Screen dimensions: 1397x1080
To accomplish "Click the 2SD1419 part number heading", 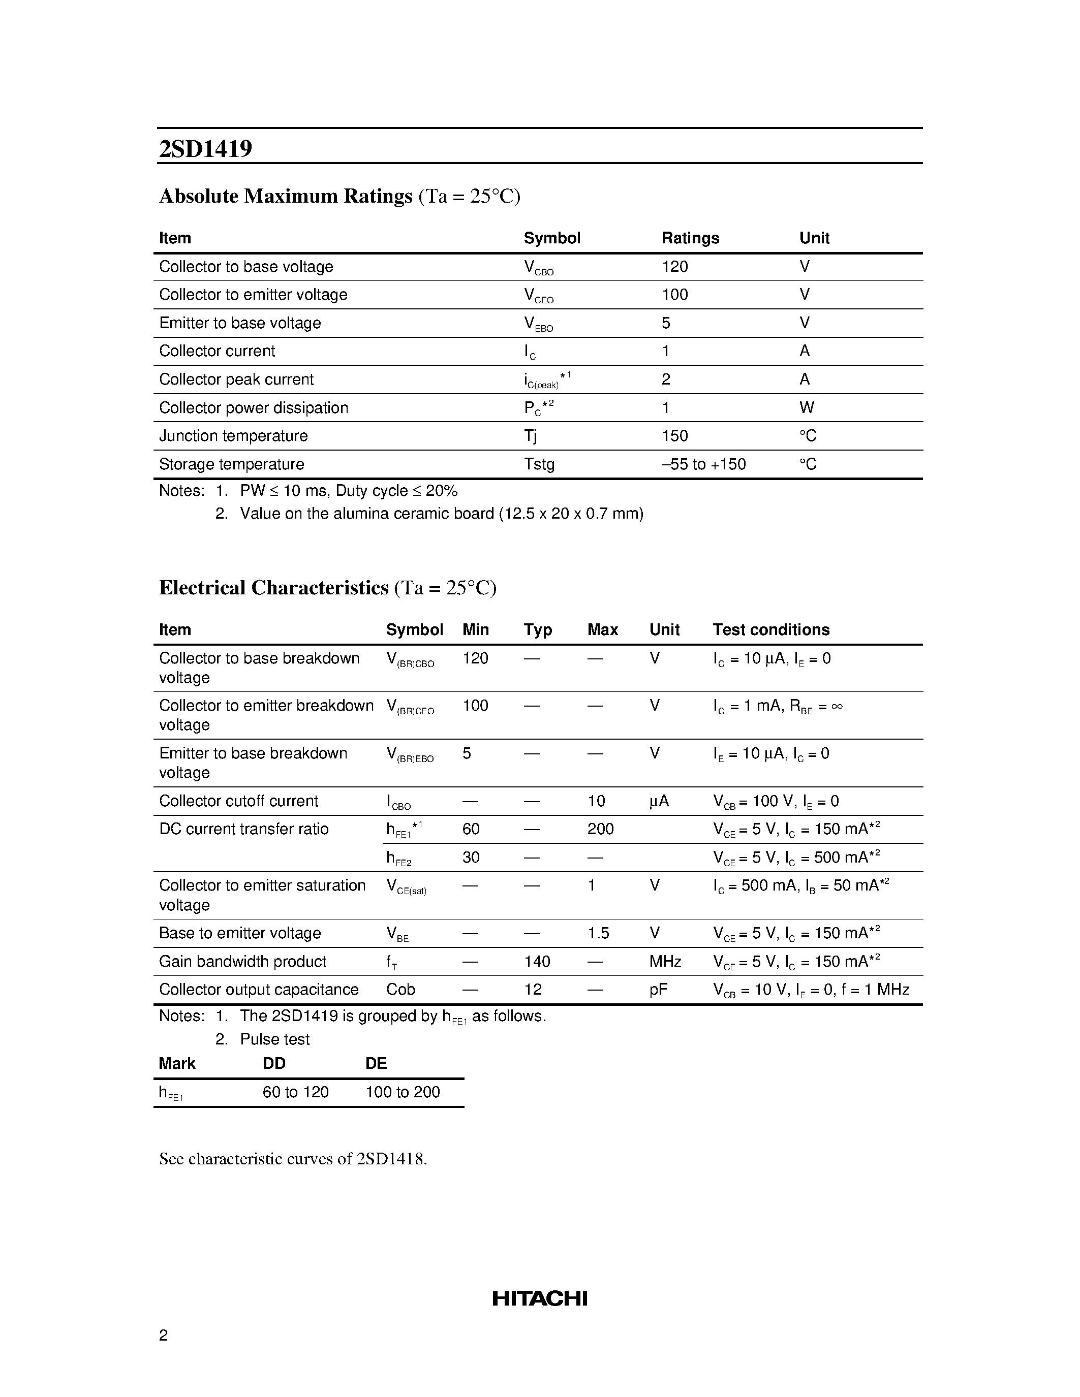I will pyautogui.click(x=205, y=149).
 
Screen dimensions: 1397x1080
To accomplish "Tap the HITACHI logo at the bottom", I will pyautogui.click(x=539, y=1298).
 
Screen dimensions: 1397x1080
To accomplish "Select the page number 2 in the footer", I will pyautogui.click(x=163, y=1335).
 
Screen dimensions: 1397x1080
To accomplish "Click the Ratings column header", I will pyautogui.click(x=690, y=238).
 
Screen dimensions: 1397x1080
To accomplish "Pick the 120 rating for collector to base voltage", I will pyautogui.click(x=675, y=267).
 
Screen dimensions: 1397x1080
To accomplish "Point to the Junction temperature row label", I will pyautogui.click(x=233, y=435).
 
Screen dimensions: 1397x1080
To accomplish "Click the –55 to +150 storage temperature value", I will pyautogui.click(x=704, y=464).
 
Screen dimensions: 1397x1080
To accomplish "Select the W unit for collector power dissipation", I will pyautogui.click(x=806, y=407).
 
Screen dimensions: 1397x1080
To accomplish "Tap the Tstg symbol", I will pyautogui.click(x=539, y=464).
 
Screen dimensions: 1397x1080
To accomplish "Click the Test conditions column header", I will pyautogui.click(x=771, y=629).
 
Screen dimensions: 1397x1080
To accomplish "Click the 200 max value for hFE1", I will pyautogui.click(x=600, y=829).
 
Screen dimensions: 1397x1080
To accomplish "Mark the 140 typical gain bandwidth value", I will pyautogui.click(x=537, y=962).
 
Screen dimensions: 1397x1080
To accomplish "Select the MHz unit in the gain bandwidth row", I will pyautogui.click(x=665, y=962).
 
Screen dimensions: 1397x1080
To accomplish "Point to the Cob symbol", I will pyautogui.click(x=400, y=990).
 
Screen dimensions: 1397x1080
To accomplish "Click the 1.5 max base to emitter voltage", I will pyautogui.click(x=598, y=933).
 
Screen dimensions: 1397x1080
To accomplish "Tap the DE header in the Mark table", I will pyautogui.click(x=376, y=1063).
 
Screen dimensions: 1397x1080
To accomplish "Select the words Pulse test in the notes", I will pyautogui.click(x=274, y=1039).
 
